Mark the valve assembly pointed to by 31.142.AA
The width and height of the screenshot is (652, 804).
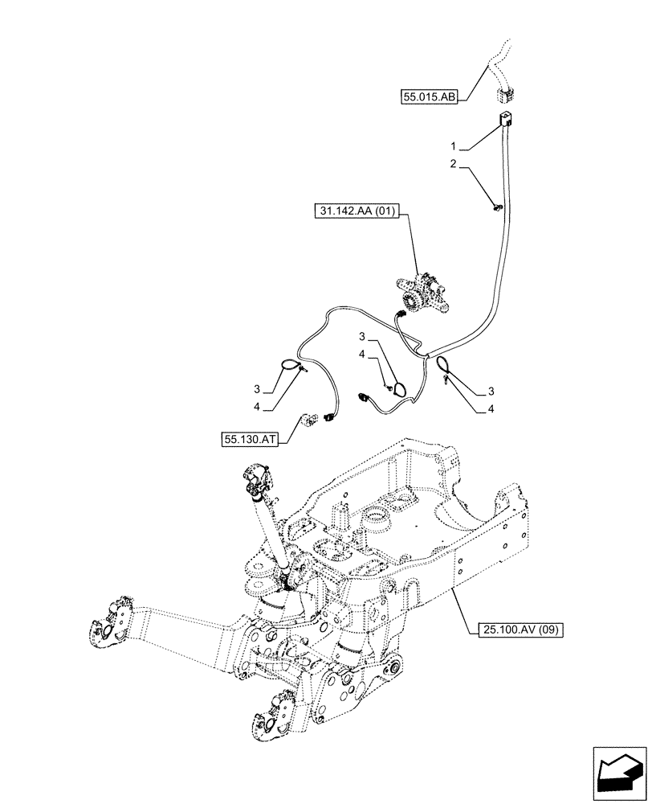(x=421, y=294)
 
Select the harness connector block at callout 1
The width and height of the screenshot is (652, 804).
(x=504, y=121)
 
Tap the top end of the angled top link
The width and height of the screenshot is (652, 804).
(x=256, y=480)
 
